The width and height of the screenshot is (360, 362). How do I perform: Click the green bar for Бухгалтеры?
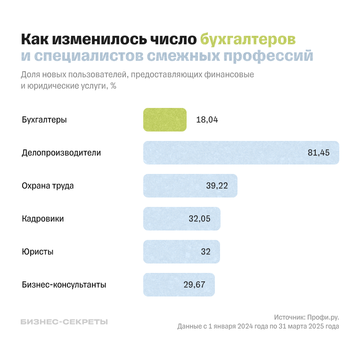coord(165,120)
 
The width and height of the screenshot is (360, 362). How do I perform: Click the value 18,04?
coord(207,120)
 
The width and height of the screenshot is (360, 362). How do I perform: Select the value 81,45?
coord(319,153)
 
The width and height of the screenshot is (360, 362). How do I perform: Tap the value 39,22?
coord(217,186)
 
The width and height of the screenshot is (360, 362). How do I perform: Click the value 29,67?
coord(195,285)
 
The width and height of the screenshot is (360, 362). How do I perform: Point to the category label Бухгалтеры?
coord(44,120)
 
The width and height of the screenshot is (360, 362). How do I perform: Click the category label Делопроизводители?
coord(61,153)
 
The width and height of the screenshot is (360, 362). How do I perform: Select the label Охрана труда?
coord(48,186)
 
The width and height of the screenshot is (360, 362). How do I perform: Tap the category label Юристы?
coord(38,252)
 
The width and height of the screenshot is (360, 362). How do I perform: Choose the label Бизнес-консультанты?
coord(64,285)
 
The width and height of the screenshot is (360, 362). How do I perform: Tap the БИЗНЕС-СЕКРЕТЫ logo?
coord(65,322)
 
